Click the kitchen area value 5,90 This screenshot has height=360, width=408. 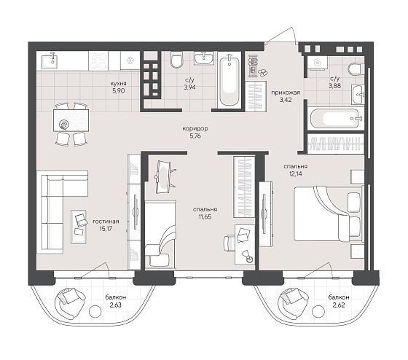coord(118,91)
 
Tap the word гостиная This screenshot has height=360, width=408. coord(106,222)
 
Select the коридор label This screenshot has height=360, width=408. coord(195,128)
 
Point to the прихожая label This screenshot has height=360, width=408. coord(286,93)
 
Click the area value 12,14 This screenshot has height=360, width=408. coord(295,173)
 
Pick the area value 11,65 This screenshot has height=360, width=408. coord(205,216)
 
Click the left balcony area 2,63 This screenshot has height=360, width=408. coord(116,305)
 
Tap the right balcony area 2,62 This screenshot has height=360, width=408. coord(339,305)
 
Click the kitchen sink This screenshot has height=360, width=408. coord(53,60)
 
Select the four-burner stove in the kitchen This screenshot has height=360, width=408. coord(98,60)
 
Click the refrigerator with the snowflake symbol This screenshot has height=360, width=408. coord(130,60)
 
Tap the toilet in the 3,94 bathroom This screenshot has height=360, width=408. coord(176,60)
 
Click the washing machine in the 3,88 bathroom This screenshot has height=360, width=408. coord(317,62)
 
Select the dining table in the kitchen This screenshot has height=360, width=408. coord(71,120)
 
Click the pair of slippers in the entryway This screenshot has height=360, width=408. coord(263,72)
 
